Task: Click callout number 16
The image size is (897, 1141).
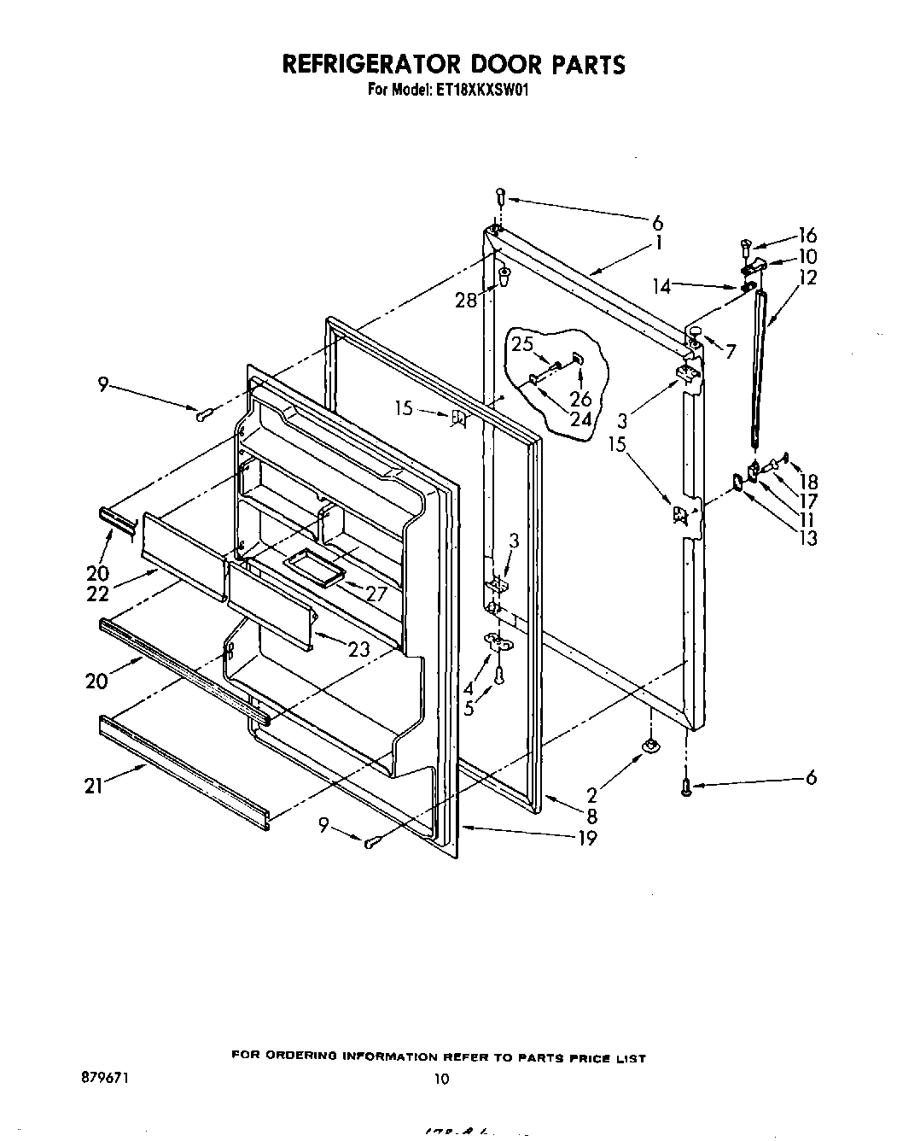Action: click(807, 236)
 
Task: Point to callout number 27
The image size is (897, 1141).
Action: click(376, 594)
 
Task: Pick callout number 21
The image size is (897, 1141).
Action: click(94, 786)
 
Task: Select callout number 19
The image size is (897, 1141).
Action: click(586, 837)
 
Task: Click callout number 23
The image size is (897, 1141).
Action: click(359, 649)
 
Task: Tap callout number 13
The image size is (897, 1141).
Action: click(807, 538)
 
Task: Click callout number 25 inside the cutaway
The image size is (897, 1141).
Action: click(521, 344)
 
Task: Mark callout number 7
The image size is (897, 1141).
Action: click(731, 351)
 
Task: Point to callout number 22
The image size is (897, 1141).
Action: click(97, 593)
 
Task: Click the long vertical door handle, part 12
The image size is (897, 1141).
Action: click(758, 367)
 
